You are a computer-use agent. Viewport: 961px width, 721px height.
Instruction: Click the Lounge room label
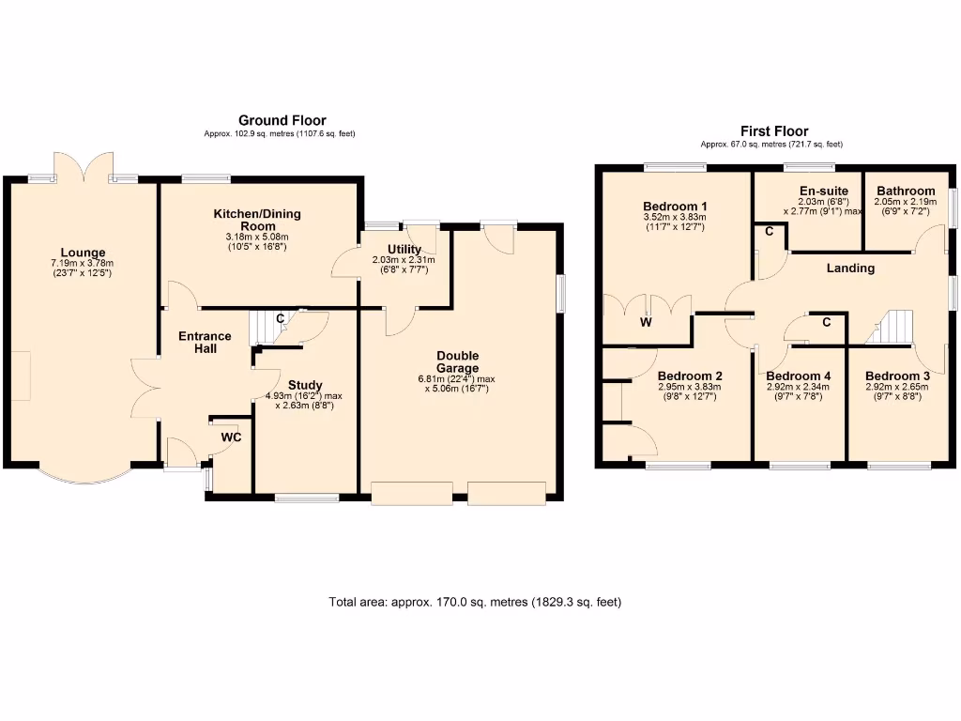click(83, 252)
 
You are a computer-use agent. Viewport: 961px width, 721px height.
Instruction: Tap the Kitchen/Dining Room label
click(250, 221)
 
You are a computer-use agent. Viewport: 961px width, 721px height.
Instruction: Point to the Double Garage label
click(457, 361)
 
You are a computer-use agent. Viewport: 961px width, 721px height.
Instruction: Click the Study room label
click(305, 385)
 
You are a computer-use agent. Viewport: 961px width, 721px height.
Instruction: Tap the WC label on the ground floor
click(231, 437)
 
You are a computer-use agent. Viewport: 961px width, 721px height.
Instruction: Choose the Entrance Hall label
click(205, 343)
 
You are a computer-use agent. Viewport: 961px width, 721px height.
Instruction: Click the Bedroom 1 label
click(676, 207)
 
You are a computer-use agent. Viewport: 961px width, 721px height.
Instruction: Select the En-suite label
click(809, 191)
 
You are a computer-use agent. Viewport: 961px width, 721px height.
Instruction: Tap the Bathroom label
click(906, 191)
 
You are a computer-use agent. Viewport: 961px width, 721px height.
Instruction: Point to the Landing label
click(850, 268)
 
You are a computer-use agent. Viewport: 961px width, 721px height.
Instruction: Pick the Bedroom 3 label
click(898, 376)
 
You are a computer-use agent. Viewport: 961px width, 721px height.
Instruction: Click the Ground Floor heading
click(282, 120)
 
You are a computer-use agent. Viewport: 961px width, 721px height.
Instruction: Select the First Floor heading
click(774, 131)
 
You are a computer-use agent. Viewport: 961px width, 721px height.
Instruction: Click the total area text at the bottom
click(475, 602)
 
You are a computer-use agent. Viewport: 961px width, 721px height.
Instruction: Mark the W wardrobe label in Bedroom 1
click(646, 323)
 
